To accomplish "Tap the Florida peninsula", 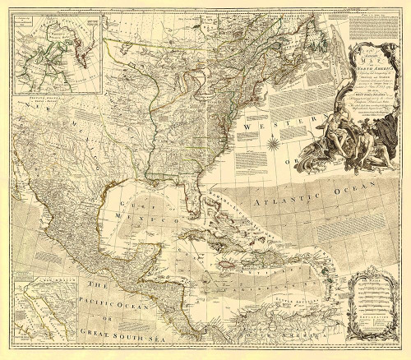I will (x=190, y=179).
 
